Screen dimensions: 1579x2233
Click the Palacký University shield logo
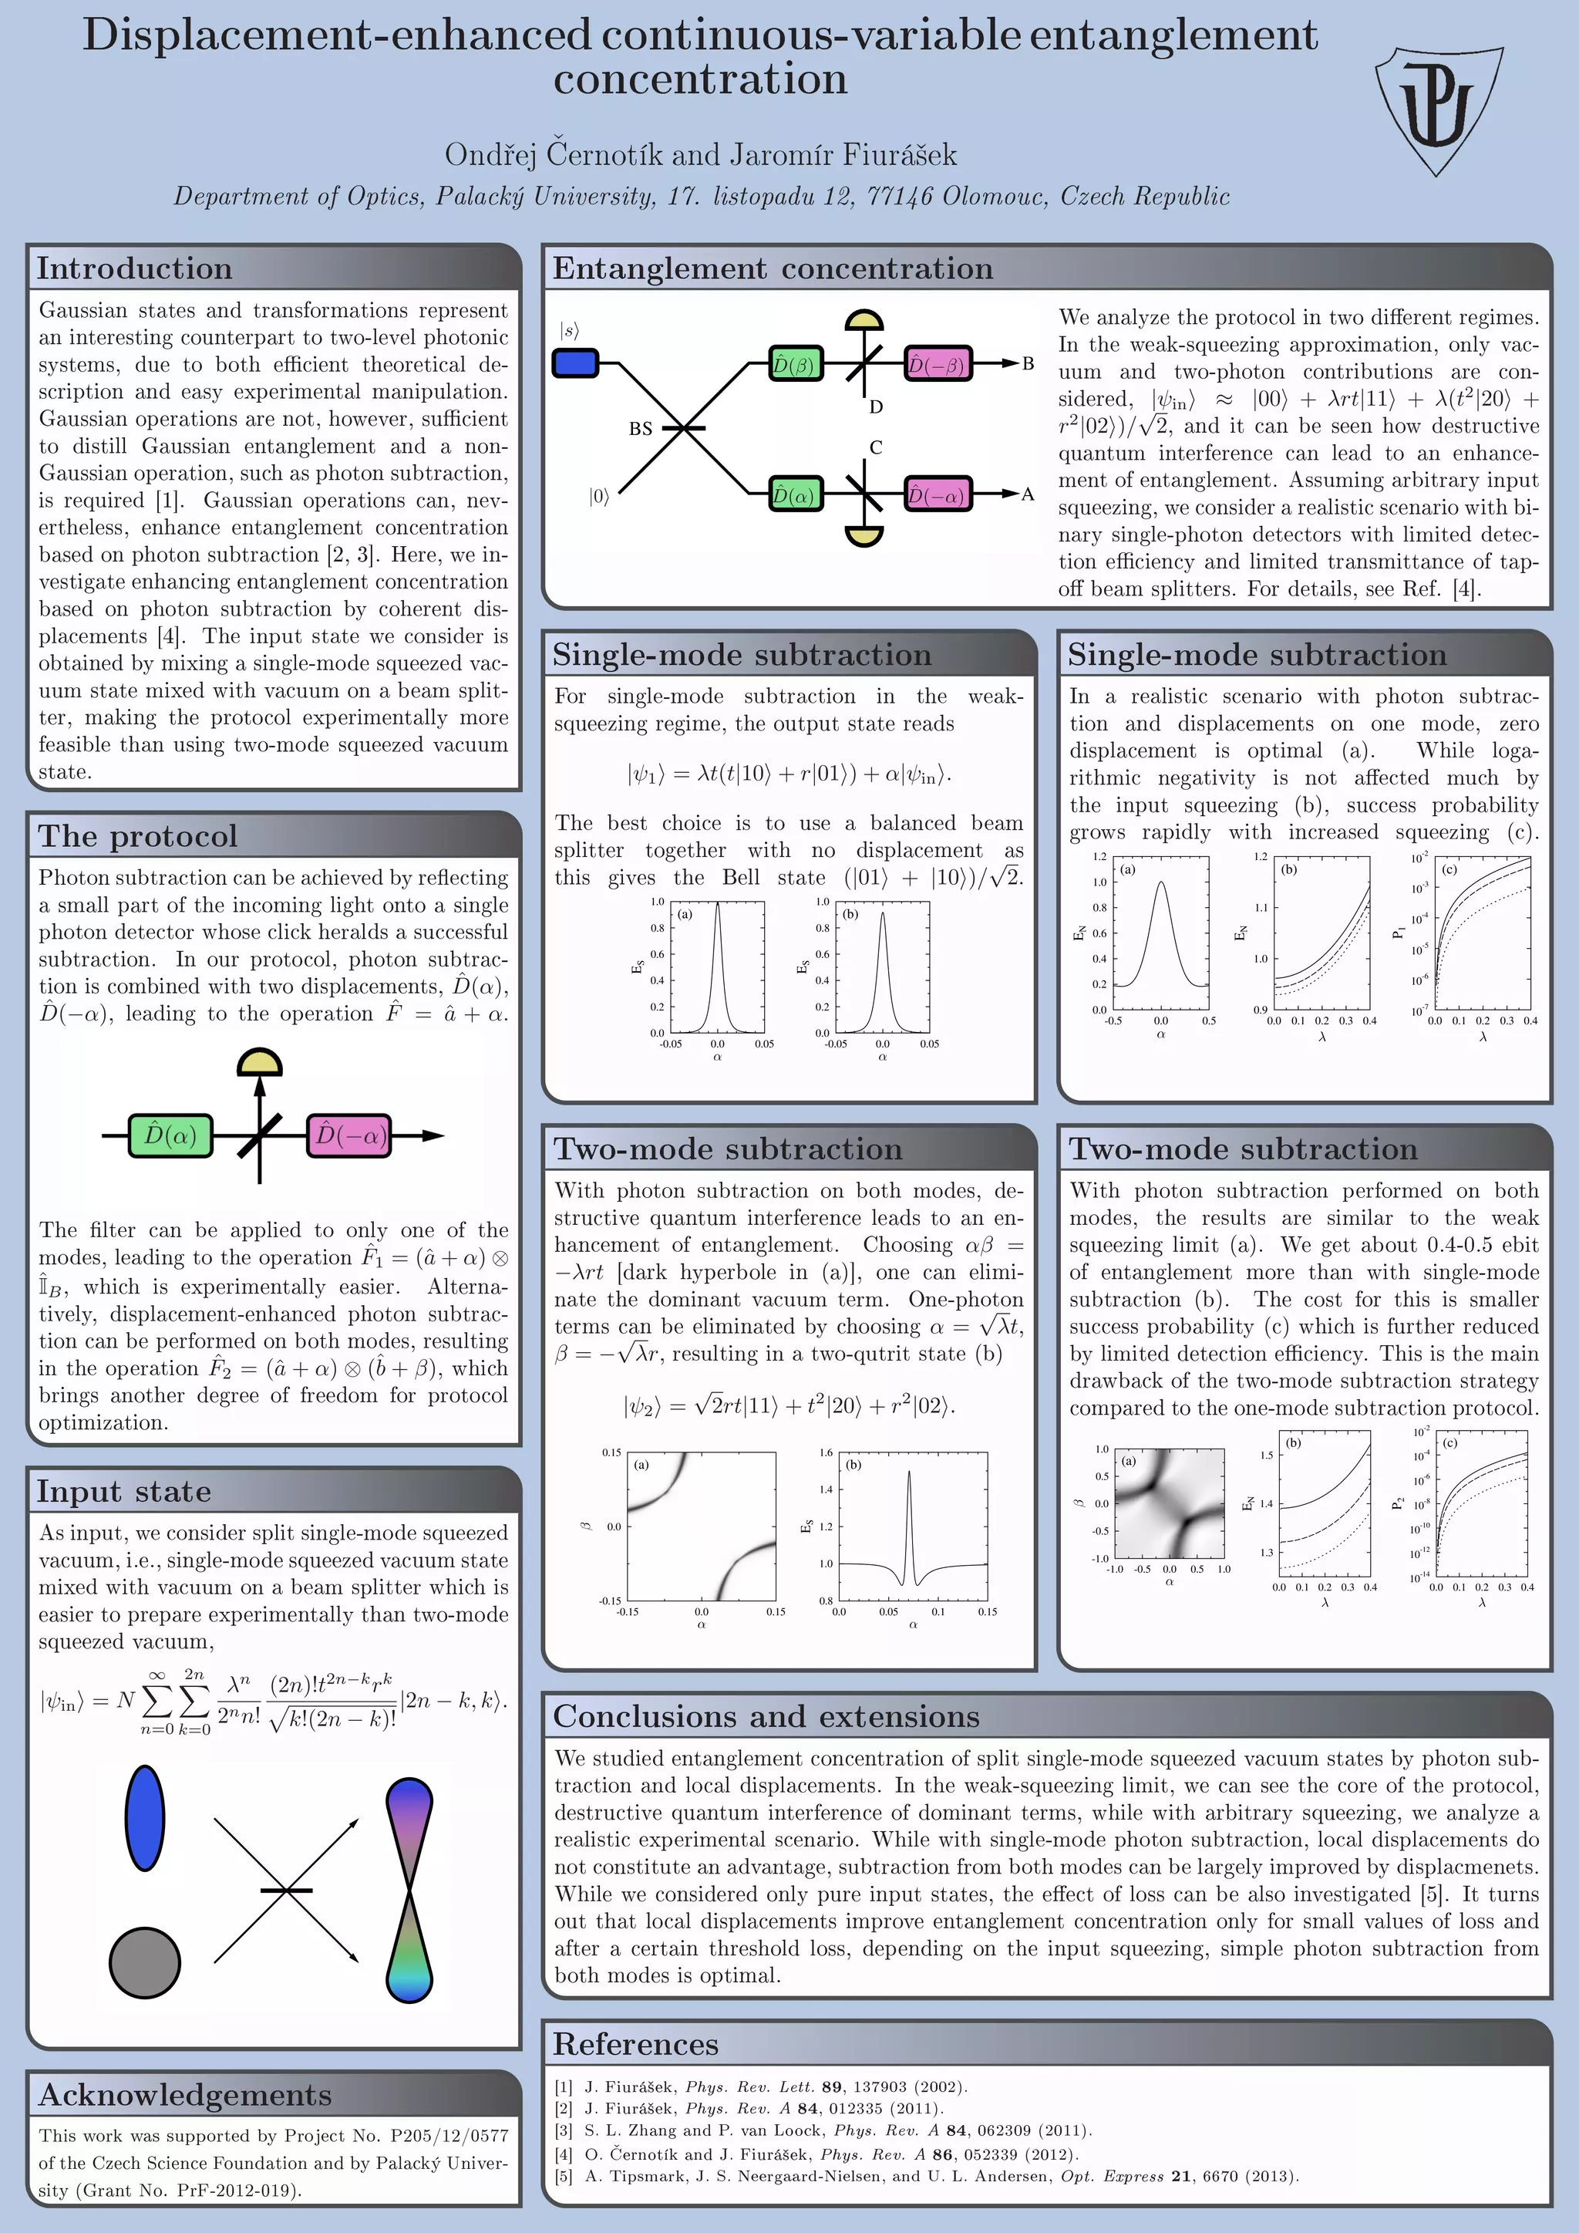click(x=1437, y=108)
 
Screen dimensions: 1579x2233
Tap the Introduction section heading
click(x=134, y=268)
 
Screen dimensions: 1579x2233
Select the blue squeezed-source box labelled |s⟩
click(x=574, y=363)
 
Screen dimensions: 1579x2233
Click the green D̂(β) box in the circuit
click(x=796, y=364)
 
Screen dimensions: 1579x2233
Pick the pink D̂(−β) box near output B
click(x=938, y=364)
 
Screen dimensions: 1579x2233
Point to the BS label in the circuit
click(x=640, y=428)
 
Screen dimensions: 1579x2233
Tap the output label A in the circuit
click(x=1027, y=494)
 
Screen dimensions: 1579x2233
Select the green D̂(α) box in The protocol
click(x=170, y=1135)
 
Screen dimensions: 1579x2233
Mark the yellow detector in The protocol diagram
click(x=260, y=1062)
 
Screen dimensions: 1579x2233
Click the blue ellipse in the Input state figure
click(x=145, y=1818)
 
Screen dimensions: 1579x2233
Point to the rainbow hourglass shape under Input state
click(x=409, y=1890)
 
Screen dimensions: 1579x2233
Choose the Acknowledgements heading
click(x=185, y=2094)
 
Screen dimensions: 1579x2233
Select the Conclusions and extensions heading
click(x=766, y=1715)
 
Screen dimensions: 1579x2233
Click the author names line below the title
click(x=700, y=154)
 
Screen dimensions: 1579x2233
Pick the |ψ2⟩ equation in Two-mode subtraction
click(x=789, y=1405)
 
